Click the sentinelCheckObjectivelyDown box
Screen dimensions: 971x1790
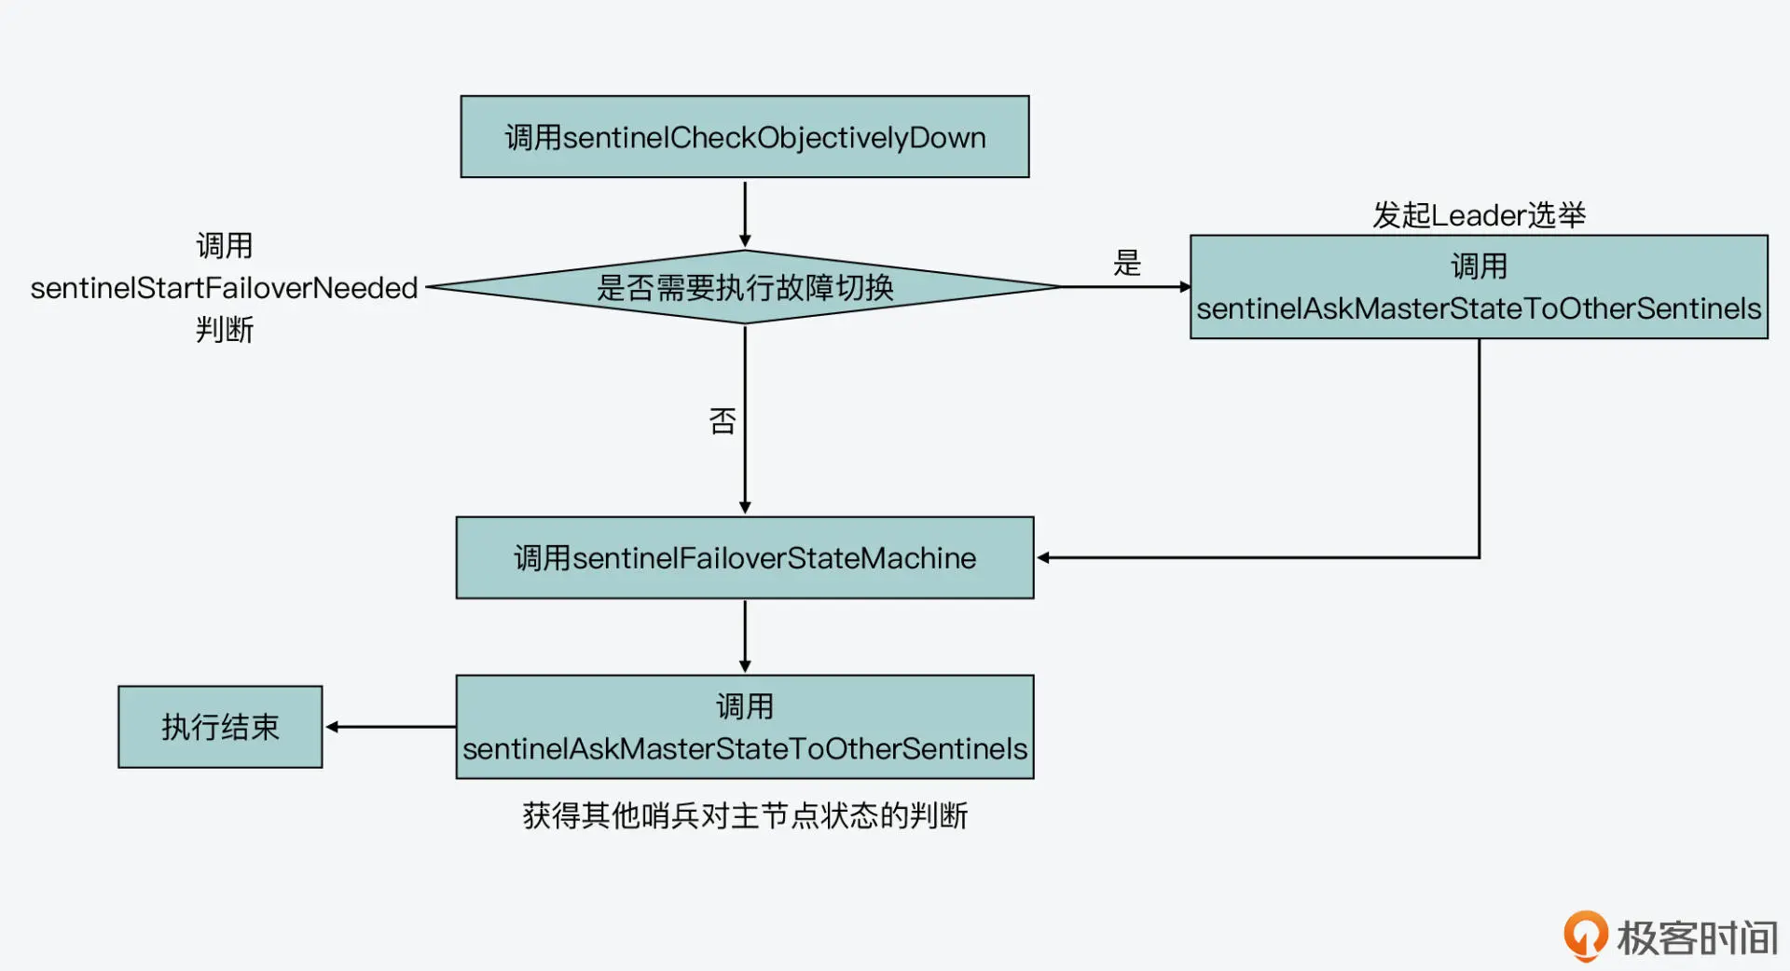pyautogui.click(x=745, y=137)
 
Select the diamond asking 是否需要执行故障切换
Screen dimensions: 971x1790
pyautogui.click(x=745, y=287)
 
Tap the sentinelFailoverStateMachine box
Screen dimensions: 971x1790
pyautogui.click(x=745, y=557)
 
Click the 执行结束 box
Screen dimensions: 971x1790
pyautogui.click(x=220, y=727)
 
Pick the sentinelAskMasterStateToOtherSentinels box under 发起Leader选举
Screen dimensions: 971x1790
pyautogui.click(x=1479, y=287)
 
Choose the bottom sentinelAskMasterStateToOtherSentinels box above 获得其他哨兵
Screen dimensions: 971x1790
pyautogui.click(x=745, y=727)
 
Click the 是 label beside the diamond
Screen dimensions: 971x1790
pyautogui.click(x=1127, y=263)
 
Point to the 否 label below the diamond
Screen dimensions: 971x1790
pyautogui.click(x=723, y=421)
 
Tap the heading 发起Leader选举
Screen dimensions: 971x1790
pyautogui.click(x=1479, y=215)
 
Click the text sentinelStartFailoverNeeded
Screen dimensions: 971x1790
pyautogui.click(x=224, y=288)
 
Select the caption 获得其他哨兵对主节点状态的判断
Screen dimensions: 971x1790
pyautogui.click(x=745, y=815)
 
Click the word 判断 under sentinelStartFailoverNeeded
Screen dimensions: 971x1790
pyautogui.click(x=225, y=329)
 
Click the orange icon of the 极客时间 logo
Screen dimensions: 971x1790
pyautogui.click(x=1585, y=935)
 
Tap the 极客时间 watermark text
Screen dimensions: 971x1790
pyautogui.click(x=1697, y=937)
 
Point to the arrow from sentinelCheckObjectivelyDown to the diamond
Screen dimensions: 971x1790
pyautogui.click(x=745, y=213)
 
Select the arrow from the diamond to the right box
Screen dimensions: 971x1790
pyautogui.click(x=1125, y=287)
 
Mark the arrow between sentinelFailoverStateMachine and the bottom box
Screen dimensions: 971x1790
pyautogui.click(x=745, y=636)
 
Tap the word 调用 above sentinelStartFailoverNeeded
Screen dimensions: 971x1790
pyautogui.click(x=225, y=246)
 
